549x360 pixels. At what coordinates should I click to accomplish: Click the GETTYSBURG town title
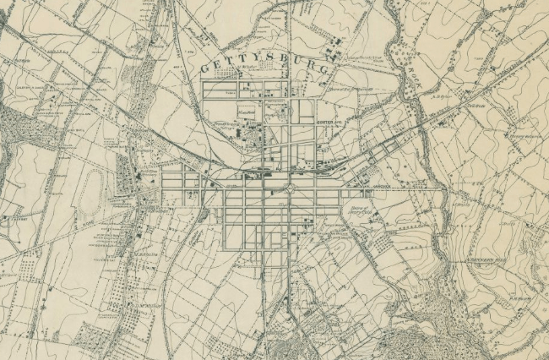pos(269,64)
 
